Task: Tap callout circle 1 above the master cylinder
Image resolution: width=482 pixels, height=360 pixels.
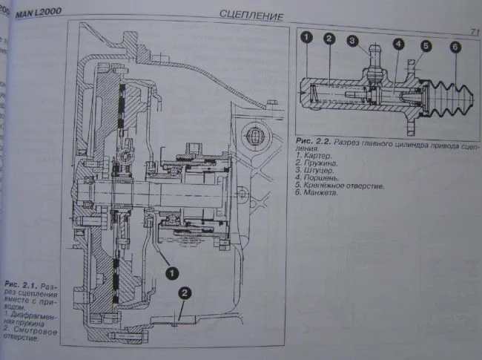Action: point(306,36)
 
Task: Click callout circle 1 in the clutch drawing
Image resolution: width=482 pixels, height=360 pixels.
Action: point(171,272)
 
